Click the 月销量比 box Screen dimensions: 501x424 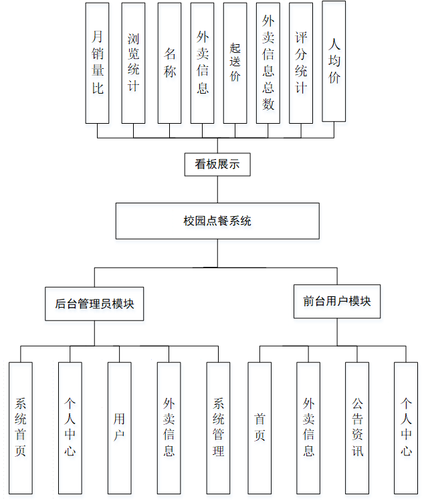click(x=98, y=63)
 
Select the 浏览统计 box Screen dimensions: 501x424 click(x=133, y=63)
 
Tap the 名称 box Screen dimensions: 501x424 click(x=169, y=63)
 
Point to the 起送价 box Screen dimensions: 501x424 click(x=235, y=63)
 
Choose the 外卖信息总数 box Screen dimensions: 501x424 click(x=268, y=63)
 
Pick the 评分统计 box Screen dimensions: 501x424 click(x=301, y=63)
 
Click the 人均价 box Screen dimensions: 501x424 click(x=334, y=62)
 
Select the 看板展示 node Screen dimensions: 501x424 click(x=217, y=164)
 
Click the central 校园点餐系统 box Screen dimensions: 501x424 click(x=217, y=221)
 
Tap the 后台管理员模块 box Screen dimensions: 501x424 click(x=94, y=303)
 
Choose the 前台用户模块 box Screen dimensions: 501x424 click(x=337, y=301)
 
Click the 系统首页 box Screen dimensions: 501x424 click(x=21, y=427)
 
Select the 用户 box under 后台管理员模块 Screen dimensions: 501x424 click(x=120, y=427)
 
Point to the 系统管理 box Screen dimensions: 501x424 click(x=218, y=427)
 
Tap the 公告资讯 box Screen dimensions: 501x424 click(x=357, y=427)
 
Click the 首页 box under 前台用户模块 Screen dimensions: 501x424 click(x=259, y=427)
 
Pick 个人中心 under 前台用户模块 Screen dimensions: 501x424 click(x=406, y=427)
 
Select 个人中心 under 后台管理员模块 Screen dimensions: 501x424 click(x=70, y=427)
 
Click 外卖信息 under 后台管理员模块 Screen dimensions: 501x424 click(x=169, y=427)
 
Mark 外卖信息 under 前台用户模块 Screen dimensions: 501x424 click(x=308, y=427)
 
